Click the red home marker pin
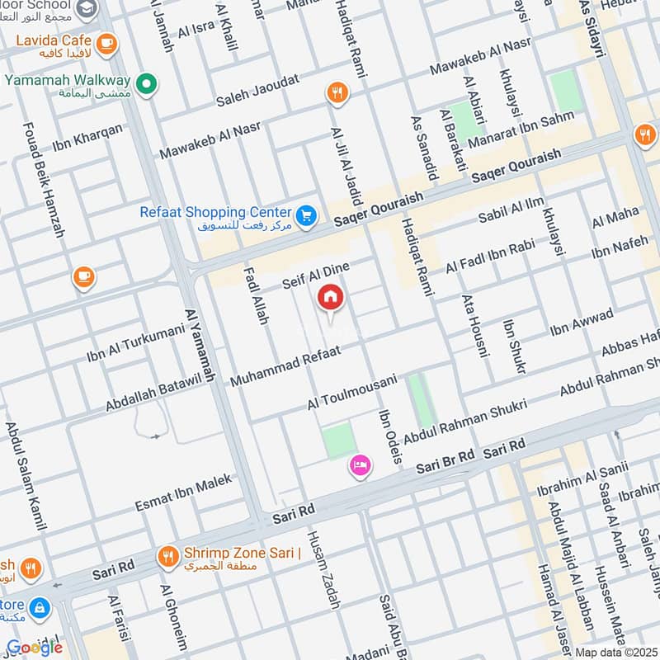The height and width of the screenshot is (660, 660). click(x=331, y=298)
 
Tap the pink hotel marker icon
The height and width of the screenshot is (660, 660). click(x=361, y=466)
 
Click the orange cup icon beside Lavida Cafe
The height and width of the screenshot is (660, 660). click(x=106, y=43)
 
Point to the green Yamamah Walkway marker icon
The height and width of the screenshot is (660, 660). click(x=146, y=82)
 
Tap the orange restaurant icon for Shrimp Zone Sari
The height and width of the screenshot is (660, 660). click(x=168, y=557)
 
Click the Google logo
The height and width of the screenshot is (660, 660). click(x=35, y=647)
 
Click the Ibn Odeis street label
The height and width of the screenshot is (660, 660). click(x=389, y=436)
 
